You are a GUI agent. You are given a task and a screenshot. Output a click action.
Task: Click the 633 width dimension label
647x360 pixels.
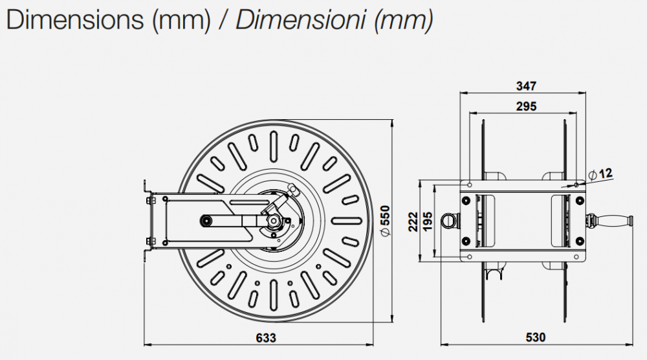pyautogui.click(x=266, y=337)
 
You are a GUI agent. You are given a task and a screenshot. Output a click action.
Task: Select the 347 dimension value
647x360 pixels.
pyautogui.click(x=526, y=86)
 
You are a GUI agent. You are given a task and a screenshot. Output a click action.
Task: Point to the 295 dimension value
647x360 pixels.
pyautogui.click(x=526, y=107)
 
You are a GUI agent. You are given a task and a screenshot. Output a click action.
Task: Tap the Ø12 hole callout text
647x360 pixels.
pyautogui.click(x=602, y=173)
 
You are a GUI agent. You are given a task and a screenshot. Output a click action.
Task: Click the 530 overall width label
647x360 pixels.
pyautogui.click(x=536, y=337)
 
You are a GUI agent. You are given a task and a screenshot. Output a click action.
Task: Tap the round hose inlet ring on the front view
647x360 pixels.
pyautogui.click(x=448, y=220)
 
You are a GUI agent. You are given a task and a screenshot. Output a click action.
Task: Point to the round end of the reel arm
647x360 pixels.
pyautogui.click(x=206, y=221)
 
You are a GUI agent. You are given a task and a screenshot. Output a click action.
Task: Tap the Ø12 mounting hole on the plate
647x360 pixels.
pyautogui.click(x=576, y=185)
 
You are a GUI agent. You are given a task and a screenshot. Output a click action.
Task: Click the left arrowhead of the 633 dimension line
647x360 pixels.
pyautogui.click(x=146, y=344)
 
